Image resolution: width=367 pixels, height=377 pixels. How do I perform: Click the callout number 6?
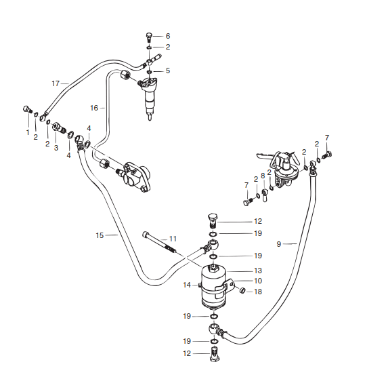[168, 36]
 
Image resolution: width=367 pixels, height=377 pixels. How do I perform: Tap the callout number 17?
[56, 83]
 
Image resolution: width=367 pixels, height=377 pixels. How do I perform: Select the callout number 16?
[94, 108]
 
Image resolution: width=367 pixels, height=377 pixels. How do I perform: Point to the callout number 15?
[100, 235]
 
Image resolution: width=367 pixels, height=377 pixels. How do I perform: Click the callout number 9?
[279, 244]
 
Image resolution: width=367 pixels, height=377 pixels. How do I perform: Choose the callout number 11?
[173, 239]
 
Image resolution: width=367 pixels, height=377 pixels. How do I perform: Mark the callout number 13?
[258, 271]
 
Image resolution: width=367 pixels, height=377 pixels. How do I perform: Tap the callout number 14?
[187, 285]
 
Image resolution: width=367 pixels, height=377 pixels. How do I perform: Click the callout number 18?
[258, 292]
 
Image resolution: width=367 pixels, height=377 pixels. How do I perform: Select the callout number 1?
[28, 132]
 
